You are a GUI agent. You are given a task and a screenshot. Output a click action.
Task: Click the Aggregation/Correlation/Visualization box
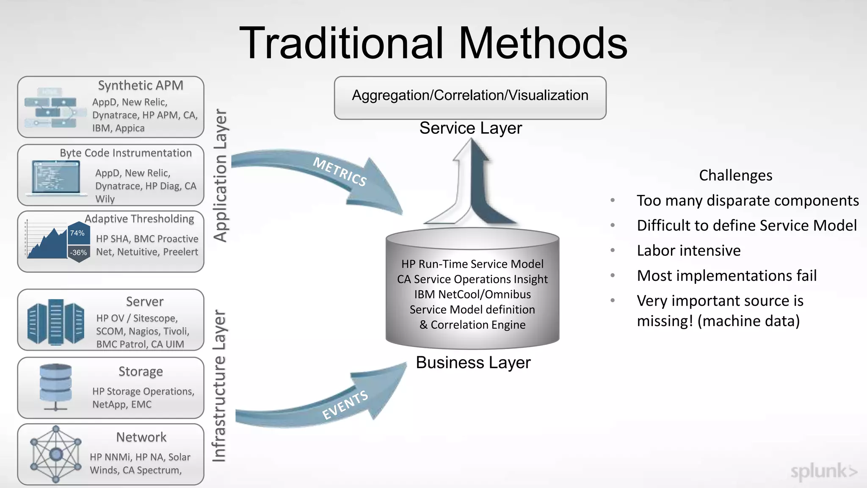(x=470, y=97)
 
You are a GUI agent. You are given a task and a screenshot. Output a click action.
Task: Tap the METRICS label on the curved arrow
(x=340, y=172)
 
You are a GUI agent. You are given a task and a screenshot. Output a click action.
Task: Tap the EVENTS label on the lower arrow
(x=345, y=405)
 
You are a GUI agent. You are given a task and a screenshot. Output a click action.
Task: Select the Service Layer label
(x=470, y=128)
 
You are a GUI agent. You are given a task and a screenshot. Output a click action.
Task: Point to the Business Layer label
(x=473, y=363)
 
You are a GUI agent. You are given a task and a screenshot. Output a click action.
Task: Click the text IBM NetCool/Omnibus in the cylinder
(x=472, y=294)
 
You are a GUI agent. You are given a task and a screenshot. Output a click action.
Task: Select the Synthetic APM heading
(x=141, y=85)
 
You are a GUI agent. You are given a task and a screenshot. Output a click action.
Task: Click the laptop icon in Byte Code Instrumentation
(x=56, y=178)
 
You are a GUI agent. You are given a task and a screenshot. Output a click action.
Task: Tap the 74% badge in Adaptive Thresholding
(x=77, y=233)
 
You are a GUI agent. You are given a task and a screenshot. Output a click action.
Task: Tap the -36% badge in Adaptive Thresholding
(x=79, y=252)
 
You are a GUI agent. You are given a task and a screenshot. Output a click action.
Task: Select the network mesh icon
(x=55, y=454)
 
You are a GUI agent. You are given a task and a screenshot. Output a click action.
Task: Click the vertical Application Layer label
(x=221, y=175)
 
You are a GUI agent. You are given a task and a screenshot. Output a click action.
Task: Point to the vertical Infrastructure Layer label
(x=219, y=385)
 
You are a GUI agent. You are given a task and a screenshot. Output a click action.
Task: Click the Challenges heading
(x=735, y=175)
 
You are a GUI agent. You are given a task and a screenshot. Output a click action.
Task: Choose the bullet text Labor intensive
(x=688, y=250)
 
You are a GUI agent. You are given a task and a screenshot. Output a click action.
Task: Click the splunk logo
(x=823, y=471)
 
